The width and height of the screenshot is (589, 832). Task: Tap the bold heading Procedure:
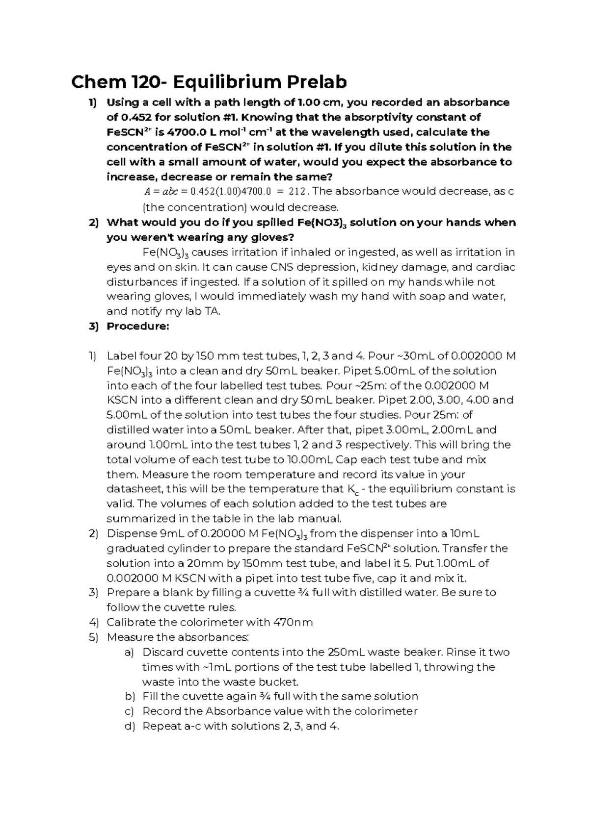[x=138, y=327]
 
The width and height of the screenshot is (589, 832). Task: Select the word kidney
[x=365, y=267]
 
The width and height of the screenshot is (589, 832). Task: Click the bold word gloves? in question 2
[x=270, y=238]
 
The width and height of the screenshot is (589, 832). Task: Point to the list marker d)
[x=130, y=726]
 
